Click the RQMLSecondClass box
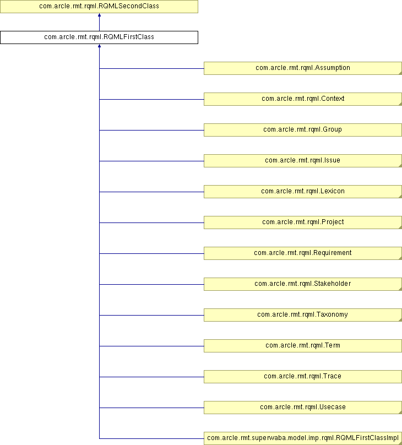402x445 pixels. [99, 7]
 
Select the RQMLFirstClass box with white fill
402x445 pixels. [99, 37]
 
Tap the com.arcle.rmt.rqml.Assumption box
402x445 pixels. [303, 68]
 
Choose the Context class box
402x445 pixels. [303, 99]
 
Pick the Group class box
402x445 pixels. [303, 130]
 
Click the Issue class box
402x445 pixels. [303, 161]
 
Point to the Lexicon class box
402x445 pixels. [303, 192]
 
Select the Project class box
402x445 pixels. [303, 223]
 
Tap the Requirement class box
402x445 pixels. [303, 253]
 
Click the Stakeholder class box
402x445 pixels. [303, 284]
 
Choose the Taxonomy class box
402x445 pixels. [303, 315]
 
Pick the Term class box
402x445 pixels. [303, 346]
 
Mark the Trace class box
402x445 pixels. [303, 377]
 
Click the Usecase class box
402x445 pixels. [303, 408]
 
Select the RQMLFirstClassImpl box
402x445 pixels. [303, 438]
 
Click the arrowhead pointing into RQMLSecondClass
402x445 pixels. [99, 15]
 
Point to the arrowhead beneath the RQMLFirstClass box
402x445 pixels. [99, 46]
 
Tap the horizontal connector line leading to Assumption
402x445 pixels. [151, 68]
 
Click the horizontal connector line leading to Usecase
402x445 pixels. [151, 408]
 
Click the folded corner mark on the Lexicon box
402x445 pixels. [400, 197]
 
